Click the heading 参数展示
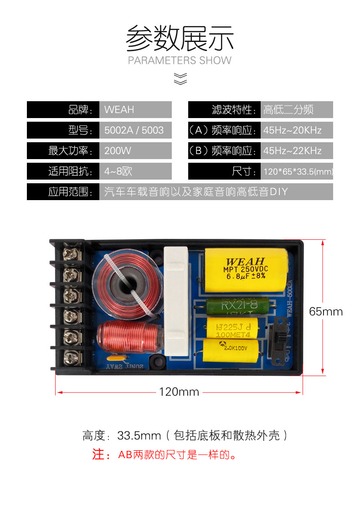180,38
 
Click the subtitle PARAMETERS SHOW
180,61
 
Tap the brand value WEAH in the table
119,110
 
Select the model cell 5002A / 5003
134,130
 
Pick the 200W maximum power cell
118,151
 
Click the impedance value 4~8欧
118,171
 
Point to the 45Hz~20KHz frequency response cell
293,130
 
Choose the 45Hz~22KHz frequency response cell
293,151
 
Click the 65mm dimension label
325,312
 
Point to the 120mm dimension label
179,392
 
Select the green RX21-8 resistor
239,306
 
